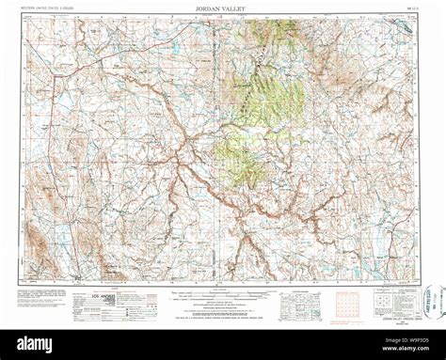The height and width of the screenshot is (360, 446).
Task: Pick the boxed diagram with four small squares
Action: [x=389, y=300]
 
